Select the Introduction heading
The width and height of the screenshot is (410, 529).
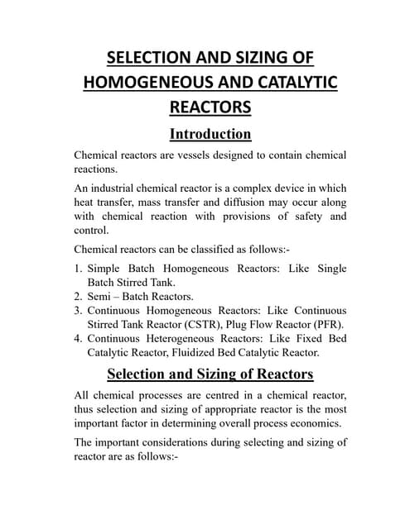[x=210, y=134]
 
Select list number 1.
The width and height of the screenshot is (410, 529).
[x=79, y=269]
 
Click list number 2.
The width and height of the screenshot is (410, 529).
[x=79, y=295]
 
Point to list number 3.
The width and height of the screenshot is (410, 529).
[x=79, y=309]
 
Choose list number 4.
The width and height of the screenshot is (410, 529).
[x=79, y=339]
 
